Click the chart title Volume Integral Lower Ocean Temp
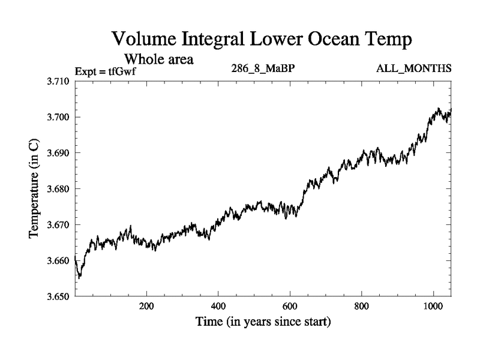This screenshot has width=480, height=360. pyautogui.click(x=262, y=41)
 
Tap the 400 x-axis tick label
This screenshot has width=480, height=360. pyautogui.click(x=218, y=305)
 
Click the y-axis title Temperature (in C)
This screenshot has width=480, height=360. pyautogui.click(x=35, y=188)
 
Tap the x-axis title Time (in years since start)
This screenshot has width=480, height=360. pyautogui.click(x=263, y=322)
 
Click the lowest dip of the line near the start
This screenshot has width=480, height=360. pyautogui.click(x=79, y=278)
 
